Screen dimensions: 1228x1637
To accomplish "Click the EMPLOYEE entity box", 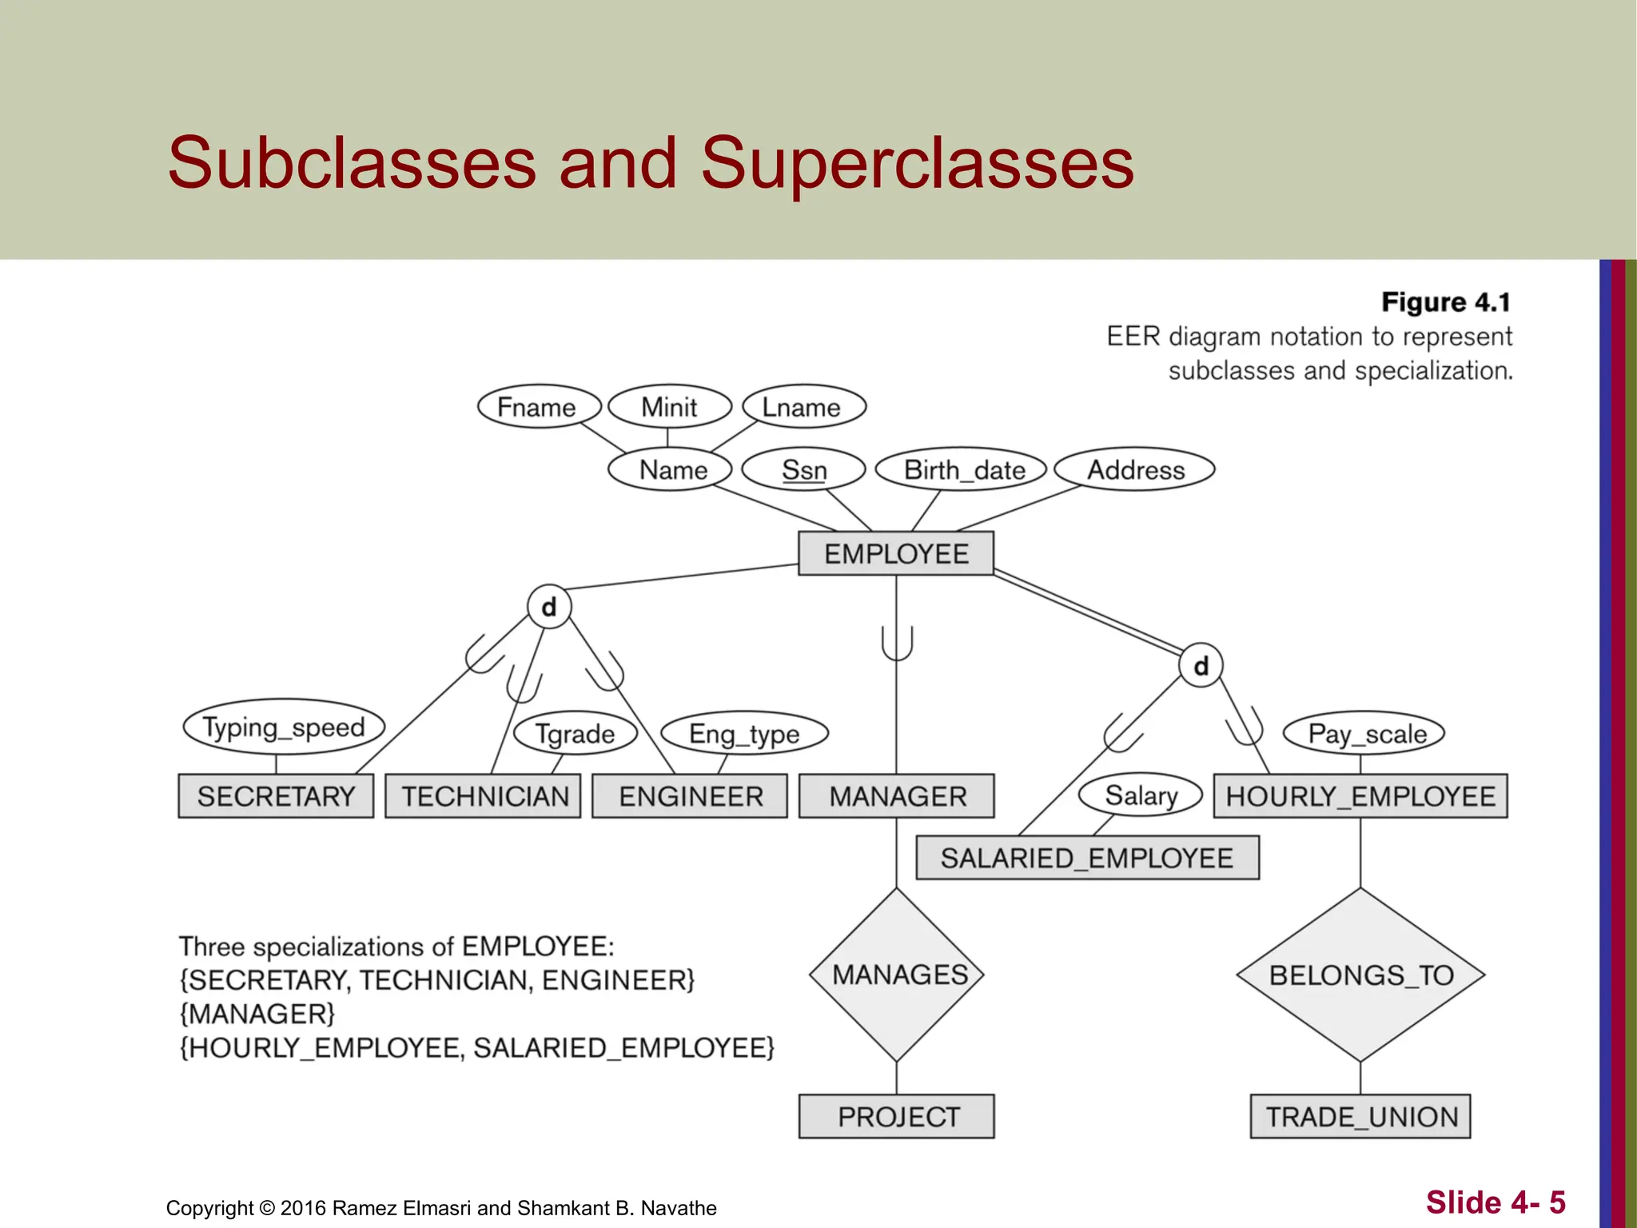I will point(896,553).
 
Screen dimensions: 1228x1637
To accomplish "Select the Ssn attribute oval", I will point(803,469).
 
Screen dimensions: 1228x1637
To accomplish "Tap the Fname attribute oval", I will point(538,407).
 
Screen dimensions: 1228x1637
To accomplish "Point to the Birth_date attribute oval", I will point(962,469).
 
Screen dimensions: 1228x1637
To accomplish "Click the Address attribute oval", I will point(1134,469).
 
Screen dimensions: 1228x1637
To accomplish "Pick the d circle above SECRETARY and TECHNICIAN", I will point(549,608).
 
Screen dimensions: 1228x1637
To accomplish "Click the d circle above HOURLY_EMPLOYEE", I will point(1201,666).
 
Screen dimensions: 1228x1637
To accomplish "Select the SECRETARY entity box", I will point(276,796).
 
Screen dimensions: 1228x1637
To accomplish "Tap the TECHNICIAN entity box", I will point(483,796).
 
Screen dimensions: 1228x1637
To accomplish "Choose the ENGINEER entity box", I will point(690,796).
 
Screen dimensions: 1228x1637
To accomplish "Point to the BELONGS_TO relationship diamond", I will point(1360,975).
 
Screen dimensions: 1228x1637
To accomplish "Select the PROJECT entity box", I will point(897,1117).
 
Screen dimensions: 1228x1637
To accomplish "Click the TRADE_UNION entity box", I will point(1360,1117).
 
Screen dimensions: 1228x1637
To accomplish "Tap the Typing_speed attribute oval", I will point(284,727).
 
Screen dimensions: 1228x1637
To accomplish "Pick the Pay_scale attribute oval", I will point(1364,733).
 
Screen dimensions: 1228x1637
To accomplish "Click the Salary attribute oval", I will point(1141,795).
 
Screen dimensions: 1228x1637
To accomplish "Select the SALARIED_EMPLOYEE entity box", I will point(1087,858).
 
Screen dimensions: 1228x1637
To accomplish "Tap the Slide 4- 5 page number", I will point(1495,1202).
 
